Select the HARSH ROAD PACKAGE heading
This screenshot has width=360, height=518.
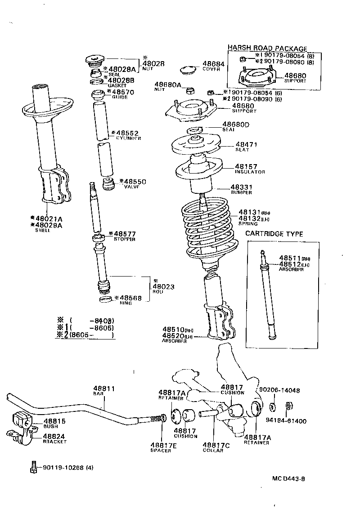[x=267, y=49]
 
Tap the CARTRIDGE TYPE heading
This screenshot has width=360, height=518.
[x=274, y=234]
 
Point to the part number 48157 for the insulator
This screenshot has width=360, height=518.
[x=246, y=167]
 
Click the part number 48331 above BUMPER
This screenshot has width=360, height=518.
[x=243, y=187]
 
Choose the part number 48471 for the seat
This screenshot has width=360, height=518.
[x=247, y=145]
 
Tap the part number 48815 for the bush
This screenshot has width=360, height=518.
[x=54, y=421]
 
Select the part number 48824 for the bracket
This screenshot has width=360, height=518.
[x=54, y=436]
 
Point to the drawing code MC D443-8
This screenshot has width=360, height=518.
[x=288, y=479]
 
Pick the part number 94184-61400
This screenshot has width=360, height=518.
[x=286, y=421]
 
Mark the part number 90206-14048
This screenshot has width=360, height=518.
[x=279, y=390]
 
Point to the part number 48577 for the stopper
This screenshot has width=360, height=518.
[x=125, y=234]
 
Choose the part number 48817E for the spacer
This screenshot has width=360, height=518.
[x=161, y=445]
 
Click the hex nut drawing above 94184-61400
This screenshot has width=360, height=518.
[x=289, y=406]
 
